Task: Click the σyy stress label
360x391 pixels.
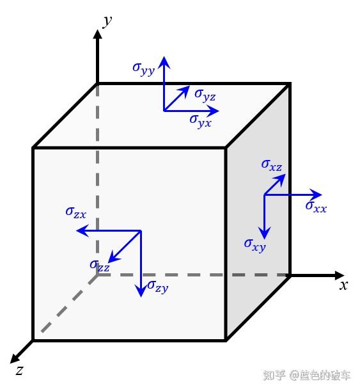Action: click(x=144, y=69)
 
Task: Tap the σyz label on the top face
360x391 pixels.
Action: click(x=205, y=95)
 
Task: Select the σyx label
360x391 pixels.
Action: click(x=201, y=121)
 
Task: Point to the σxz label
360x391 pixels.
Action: click(x=272, y=166)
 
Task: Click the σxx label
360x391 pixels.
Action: click(x=316, y=207)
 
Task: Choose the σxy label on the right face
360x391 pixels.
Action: click(x=255, y=245)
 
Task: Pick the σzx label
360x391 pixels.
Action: click(x=76, y=212)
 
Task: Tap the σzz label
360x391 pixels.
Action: click(x=100, y=266)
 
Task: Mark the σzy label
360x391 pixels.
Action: click(x=158, y=287)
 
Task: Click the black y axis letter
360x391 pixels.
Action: click(x=107, y=21)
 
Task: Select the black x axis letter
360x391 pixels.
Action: click(x=343, y=285)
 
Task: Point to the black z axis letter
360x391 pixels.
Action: click(x=19, y=371)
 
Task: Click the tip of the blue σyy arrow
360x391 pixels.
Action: click(x=164, y=56)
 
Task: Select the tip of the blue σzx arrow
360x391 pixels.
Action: click(x=76, y=230)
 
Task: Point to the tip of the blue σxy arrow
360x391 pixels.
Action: click(x=265, y=239)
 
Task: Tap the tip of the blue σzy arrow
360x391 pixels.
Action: click(x=141, y=297)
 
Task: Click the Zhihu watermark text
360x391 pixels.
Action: click(x=307, y=376)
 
